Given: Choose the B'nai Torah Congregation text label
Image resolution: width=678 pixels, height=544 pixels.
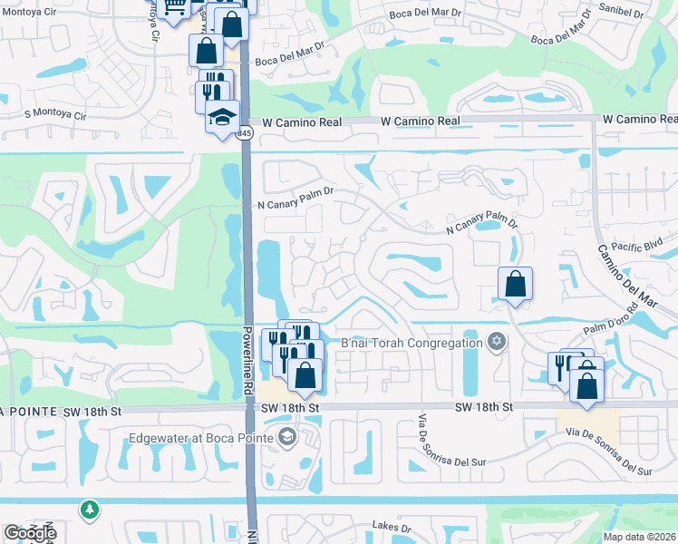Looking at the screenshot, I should pyautogui.click(x=411, y=343).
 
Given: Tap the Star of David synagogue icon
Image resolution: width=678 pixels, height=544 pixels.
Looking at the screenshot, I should pyautogui.click(x=495, y=342).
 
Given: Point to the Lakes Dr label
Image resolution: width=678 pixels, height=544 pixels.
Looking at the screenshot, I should pyautogui.click(x=392, y=527).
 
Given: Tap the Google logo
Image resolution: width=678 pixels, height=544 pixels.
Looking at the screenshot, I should pyautogui.click(x=30, y=533).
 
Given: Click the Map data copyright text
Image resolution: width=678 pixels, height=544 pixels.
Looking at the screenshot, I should pyautogui.click(x=640, y=537).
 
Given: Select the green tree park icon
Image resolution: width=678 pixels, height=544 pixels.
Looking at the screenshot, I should pyautogui.click(x=88, y=510).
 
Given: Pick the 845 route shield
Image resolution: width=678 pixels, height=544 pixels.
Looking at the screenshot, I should pyautogui.click(x=247, y=133).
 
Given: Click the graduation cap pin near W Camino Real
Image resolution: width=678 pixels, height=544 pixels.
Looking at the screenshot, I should pyautogui.click(x=221, y=117).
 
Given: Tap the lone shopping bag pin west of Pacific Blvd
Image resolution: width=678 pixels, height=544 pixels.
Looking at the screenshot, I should pyautogui.click(x=515, y=284).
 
